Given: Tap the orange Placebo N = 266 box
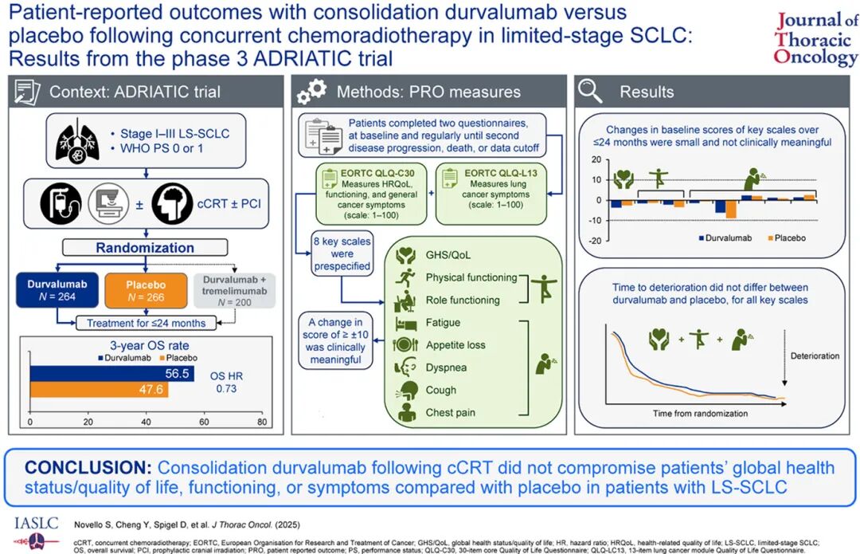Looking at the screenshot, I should pos(145,290).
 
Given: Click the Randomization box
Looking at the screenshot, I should pos(144,247).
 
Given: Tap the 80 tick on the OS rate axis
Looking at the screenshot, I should pos(262,422).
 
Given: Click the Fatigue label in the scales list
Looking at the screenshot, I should pos(443,323).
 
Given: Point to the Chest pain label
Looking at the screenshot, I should pos(450,412).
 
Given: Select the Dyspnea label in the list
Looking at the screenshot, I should pos(446,367).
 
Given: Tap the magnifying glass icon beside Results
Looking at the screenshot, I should pos(590,91).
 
